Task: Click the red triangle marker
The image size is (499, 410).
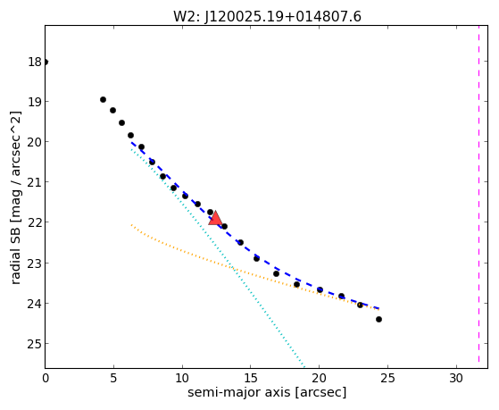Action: tap(215, 218)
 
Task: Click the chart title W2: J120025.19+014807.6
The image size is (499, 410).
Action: tap(267, 17)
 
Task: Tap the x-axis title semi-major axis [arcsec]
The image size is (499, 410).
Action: tap(267, 392)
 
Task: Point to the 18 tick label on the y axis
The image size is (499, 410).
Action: tap(35, 62)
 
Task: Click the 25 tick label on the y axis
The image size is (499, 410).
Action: tap(35, 344)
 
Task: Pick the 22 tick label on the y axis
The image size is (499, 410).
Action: tap(35, 222)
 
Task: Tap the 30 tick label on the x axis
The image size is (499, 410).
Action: tap(456, 378)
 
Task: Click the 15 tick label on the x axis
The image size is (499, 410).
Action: tap(251, 378)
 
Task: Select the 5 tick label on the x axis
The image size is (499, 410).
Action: tap(113, 378)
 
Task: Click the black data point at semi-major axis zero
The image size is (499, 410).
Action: tap(46, 62)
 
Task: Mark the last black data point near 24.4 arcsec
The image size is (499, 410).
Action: tap(378, 319)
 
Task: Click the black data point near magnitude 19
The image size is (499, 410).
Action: tap(103, 100)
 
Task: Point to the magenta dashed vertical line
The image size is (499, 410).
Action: tap(478, 197)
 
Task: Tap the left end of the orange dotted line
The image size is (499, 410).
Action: tap(131, 225)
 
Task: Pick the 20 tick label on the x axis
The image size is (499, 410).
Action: tap(320, 378)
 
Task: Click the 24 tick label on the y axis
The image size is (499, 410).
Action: tap(35, 304)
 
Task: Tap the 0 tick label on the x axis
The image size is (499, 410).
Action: tap(46, 378)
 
